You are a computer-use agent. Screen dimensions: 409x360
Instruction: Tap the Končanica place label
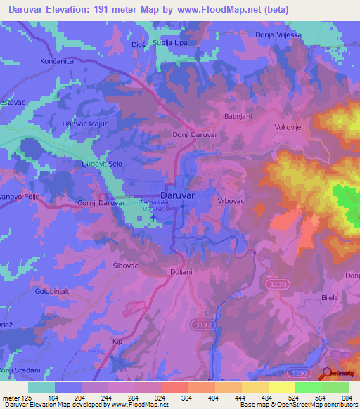28,61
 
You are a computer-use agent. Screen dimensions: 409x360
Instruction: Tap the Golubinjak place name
49,290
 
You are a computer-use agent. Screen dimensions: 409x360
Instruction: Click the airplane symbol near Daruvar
153,223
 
